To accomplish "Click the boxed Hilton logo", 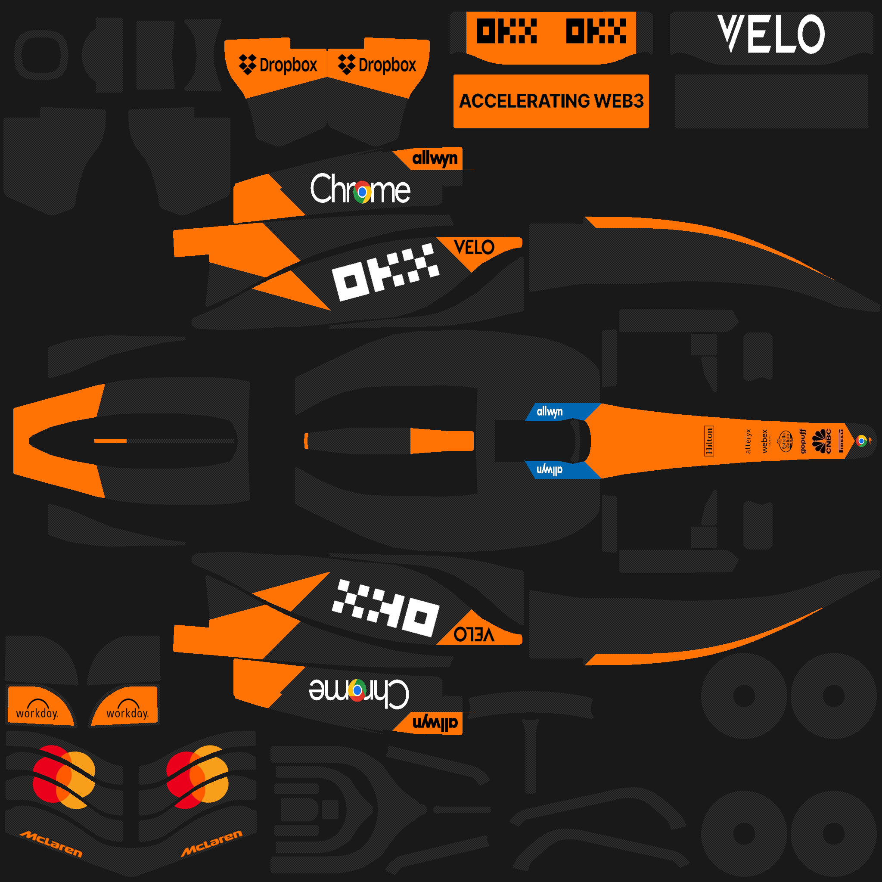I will click(709, 441).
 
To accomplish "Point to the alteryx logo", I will click(748, 441).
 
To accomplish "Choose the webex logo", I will click(765, 441).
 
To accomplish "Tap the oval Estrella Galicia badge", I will click(786, 441).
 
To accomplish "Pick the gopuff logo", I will click(803, 441).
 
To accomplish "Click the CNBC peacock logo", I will click(822, 441).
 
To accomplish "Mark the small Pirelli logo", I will click(841, 441).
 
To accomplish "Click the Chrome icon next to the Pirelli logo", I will click(861, 441).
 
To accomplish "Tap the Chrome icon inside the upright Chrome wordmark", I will click(363, 192).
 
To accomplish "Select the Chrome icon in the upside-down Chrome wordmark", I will click(357, 690).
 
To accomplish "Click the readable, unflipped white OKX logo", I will click(386, 273).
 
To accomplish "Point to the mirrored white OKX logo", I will click(386, 609).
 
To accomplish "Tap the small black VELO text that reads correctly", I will click(474, 248).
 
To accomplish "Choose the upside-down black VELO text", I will click(474, 634).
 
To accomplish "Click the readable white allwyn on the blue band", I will click(550, 411).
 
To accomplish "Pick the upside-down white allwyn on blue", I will click(550, 470).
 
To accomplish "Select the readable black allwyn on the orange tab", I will click(435, 158).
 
